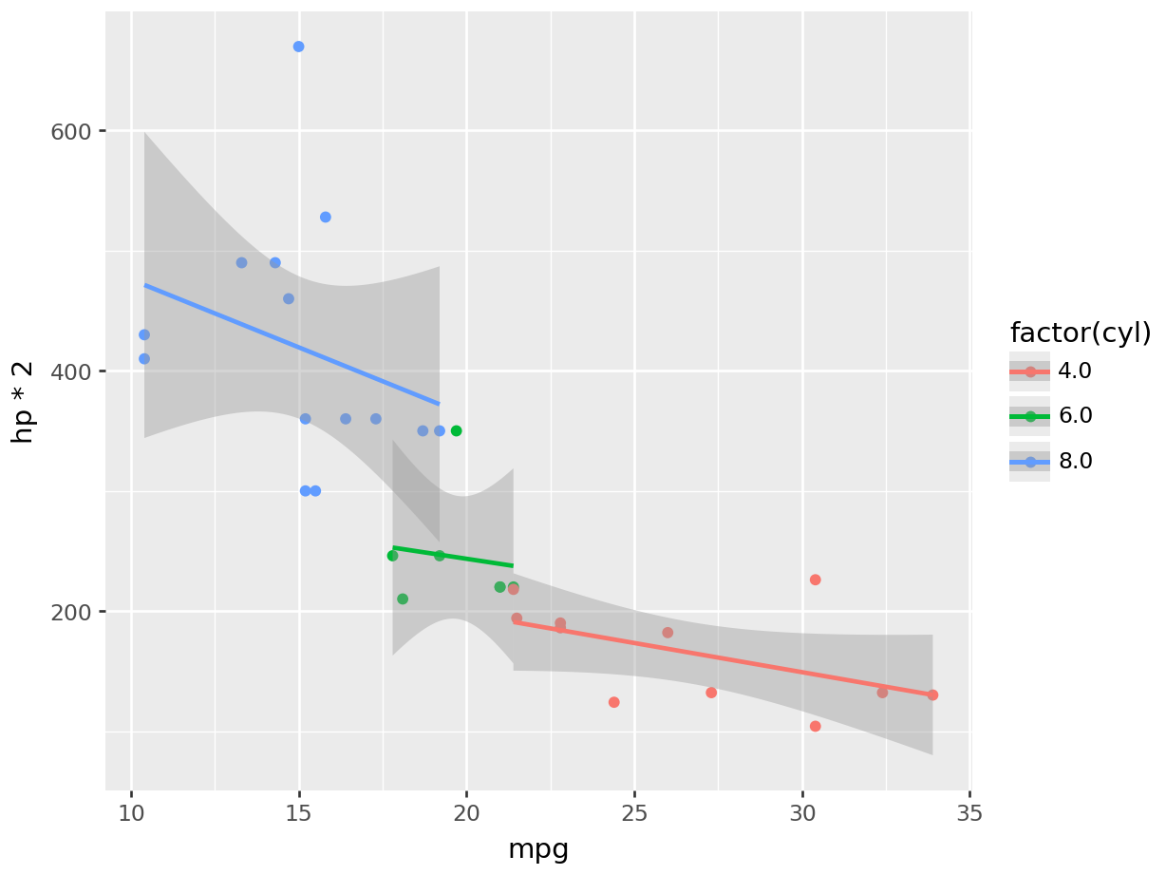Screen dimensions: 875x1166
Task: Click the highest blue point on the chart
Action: (x=298, y=47)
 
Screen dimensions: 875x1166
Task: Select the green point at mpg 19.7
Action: (x=456, y=430)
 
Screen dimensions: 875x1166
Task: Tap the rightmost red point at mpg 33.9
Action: (x=932, y=694)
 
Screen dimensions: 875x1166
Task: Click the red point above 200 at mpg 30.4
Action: (x=815, y=580)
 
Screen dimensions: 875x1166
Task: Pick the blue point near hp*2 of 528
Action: (x=325, y=217)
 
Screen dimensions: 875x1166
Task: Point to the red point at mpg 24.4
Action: (x=613, y=702)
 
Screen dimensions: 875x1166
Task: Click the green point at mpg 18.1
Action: (x=403, y=599)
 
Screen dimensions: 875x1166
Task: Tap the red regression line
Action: (x=722, y=657)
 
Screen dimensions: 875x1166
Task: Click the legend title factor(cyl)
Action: (x=1080, y=333)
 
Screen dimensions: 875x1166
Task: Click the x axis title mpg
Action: (x=538, y=848)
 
